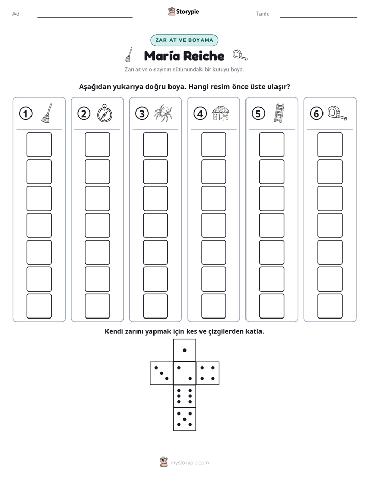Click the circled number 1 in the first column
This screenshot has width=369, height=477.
25,114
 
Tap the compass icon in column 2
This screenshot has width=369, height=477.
104,113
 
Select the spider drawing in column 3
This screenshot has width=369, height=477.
163,113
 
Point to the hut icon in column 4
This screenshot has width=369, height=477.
221,113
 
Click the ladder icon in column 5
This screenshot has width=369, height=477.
279,113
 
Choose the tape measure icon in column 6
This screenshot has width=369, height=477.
337,113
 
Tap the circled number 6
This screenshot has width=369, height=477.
316,114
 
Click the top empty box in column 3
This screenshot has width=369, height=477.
155,145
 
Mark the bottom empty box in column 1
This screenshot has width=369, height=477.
39,306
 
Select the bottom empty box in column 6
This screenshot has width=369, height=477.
330,306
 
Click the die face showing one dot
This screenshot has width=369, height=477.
185,350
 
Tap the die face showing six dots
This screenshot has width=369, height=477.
185,396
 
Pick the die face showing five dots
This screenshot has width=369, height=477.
185,419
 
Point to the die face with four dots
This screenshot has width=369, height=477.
208,373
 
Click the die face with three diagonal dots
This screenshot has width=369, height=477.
162,373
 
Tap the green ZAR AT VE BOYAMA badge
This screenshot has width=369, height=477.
184,40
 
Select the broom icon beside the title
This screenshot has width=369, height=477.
129,55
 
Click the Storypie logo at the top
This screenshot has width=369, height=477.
183,11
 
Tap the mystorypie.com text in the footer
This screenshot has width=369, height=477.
189,463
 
